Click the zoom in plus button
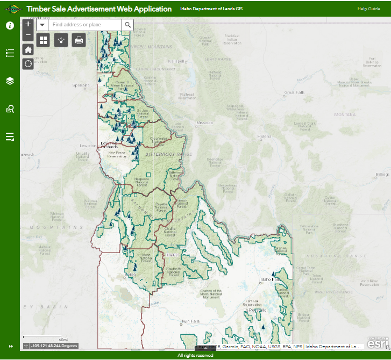[x=29, y=24]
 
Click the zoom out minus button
[x=29, y=35]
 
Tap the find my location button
[x=29, y=64]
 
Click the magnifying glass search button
[x=127, y=25]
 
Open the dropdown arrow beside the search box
[x=42, y=25]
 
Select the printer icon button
[x=79, y=40]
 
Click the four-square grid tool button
[x=43, y=40]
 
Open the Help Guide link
[x=368, y=9]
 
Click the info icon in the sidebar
[x=10, y=26]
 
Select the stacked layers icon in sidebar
[x=10, y=81]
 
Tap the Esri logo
[x=378, y=342]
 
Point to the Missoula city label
[x=204, y=123]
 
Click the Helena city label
[x=264, y=136]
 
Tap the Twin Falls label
[x=190, y=321]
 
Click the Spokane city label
[x=81, y=85]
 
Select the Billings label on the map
[x=382, y=175]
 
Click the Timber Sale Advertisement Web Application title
[x=99, y=9]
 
